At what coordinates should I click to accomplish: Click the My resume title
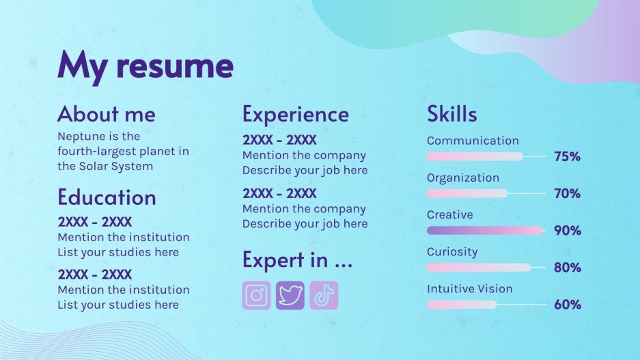pyautogui.click(x=145, y=66)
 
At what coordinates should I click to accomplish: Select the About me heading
pyautogui.click(x=107, y=113)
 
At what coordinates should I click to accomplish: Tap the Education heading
pyautogui.click(x=107, y=197)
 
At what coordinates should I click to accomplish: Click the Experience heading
pyautogui.click(x=295, y=114)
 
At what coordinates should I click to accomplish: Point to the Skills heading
pyautogui.click(x=452, y=114)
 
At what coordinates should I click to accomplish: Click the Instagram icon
pyautogui.click(x=256, y=296)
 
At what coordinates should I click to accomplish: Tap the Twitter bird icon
pyautogui.click(x=290, y=296)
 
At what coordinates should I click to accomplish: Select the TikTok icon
pyautogui.click(x=324, y=296)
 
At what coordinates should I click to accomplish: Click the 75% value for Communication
pyautogui.click(x=567, y=156)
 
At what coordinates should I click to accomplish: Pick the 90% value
pyautogui.click(x=567, y=230)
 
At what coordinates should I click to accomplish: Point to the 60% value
pyautogui.click(x=567, y=305)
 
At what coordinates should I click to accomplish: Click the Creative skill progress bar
pyautogui.click(x=484, y=230)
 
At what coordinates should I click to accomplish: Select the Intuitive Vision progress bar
pyautogui.click(x=462, y=305)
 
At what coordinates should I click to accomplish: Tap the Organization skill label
pyautogui.click(x=463, y=178)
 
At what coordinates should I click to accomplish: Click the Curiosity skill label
pyautogui.click(x=452, y=251)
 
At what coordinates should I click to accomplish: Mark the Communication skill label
pyautogui.click(x=473, y=141)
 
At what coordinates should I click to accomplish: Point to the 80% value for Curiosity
pyautogui.click(x=567, y=268)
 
